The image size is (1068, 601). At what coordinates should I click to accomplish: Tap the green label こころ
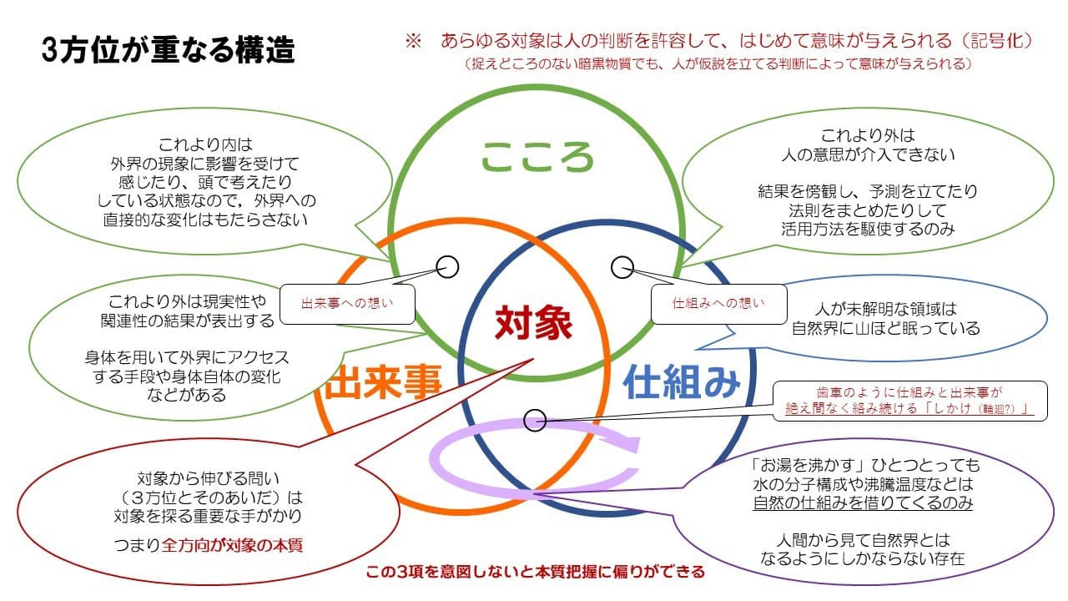pos(537,156)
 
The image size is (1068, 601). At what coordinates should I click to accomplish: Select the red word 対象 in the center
pos(534,322)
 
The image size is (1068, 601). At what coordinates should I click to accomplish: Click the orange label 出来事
pos(383,384)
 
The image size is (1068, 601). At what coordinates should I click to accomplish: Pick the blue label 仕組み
pos(682,382)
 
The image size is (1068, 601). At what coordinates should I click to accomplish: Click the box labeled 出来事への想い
pos(347,304)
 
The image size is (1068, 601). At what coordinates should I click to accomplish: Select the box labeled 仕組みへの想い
pos(718,304)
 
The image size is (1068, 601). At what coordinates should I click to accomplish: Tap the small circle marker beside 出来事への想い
pos(448,266)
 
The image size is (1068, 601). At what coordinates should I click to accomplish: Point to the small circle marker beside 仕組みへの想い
pos(622,267)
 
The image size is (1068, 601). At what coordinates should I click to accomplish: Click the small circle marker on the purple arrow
pos(535,419)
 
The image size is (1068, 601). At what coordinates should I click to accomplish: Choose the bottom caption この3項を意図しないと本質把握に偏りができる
pos(535,573)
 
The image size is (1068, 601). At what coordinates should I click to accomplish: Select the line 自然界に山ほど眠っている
pos(885,328)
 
